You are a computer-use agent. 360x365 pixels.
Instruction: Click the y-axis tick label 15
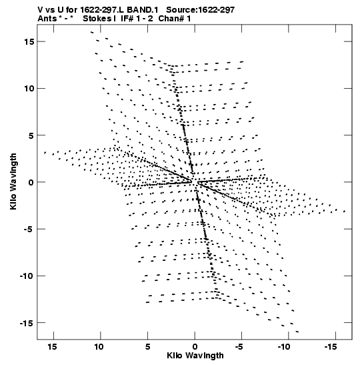point(29,41)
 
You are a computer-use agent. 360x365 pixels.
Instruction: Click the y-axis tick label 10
point(29,89)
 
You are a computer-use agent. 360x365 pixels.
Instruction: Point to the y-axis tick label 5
point(31,135)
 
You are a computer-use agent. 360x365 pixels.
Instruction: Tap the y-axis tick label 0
point(31,182)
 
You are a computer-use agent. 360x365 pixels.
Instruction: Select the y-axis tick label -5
point(29,229)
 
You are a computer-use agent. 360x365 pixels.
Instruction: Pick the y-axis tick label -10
point(27,276)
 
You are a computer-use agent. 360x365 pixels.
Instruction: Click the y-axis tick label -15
point(27,323)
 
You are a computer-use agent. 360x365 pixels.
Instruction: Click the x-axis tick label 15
point(52,346)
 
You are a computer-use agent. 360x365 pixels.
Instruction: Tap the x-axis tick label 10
point(99,346)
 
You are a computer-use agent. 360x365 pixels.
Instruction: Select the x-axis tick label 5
point(147,346)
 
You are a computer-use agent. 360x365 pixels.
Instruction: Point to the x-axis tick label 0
point(195,346)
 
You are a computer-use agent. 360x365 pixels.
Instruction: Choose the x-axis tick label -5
point(239,346)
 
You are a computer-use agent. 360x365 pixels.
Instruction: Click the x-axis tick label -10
point(284,346)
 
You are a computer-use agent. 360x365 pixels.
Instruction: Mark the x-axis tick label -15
point(331,346)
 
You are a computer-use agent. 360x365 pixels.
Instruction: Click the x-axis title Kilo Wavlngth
point(195,356)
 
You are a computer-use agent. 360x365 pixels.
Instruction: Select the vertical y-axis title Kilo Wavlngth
point(13,181)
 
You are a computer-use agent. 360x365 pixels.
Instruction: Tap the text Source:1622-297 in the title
point(201,10)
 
